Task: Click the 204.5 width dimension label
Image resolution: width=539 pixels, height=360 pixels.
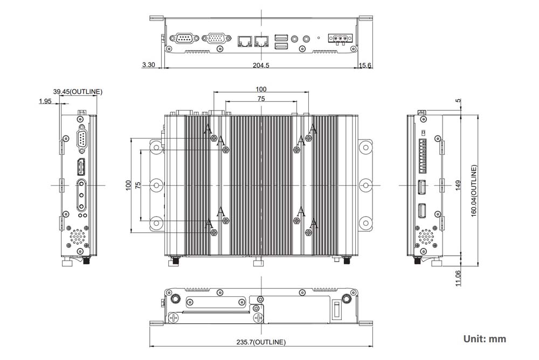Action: pyautogui.click(x=261, y=65)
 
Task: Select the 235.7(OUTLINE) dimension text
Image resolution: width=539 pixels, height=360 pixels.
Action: pyautogui.click(x=261, y=342)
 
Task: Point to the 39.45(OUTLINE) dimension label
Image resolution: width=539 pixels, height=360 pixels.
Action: pyautogui.click(x=78, y=92)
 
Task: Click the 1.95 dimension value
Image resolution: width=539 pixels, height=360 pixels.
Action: pyautogui.click(x=45, y=101)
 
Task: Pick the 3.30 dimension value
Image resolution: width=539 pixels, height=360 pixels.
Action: pyautogui.click(x=148, y=65)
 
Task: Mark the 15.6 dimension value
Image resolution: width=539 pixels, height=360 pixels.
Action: pyautogui.click(x=365, y=65)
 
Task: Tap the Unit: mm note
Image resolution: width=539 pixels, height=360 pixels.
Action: pyautogui.click(x=485, y=339)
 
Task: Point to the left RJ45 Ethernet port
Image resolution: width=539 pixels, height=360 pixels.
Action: pyautogui.click(x=245, y=40)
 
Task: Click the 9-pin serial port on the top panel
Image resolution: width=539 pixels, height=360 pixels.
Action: pyautogui.click(x=184, y=39)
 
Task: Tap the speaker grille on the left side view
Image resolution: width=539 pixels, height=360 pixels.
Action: pyautogui.click(x=78, y=236)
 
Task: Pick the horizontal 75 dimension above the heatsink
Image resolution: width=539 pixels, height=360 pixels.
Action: pyautogui.click(x=261, y=99)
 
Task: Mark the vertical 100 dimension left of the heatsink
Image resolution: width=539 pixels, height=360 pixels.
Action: pyautogui.click(x=128, y=185)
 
